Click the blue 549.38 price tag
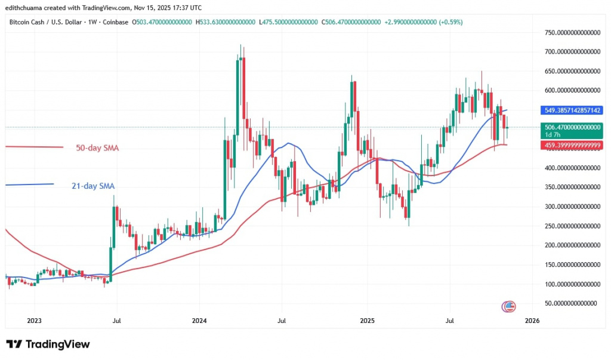[x=572, y=110]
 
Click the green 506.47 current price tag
[x=572, y=127]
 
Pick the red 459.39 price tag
[x=572, y=145]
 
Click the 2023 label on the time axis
[x=34, y=321]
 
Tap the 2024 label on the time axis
[x=199, y=321]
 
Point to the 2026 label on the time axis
[x=532, y=321]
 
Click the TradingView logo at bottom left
[x=48, y=344]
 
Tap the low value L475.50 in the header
[x=288, y=21]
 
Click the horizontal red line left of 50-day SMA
[x=33, y=147]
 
